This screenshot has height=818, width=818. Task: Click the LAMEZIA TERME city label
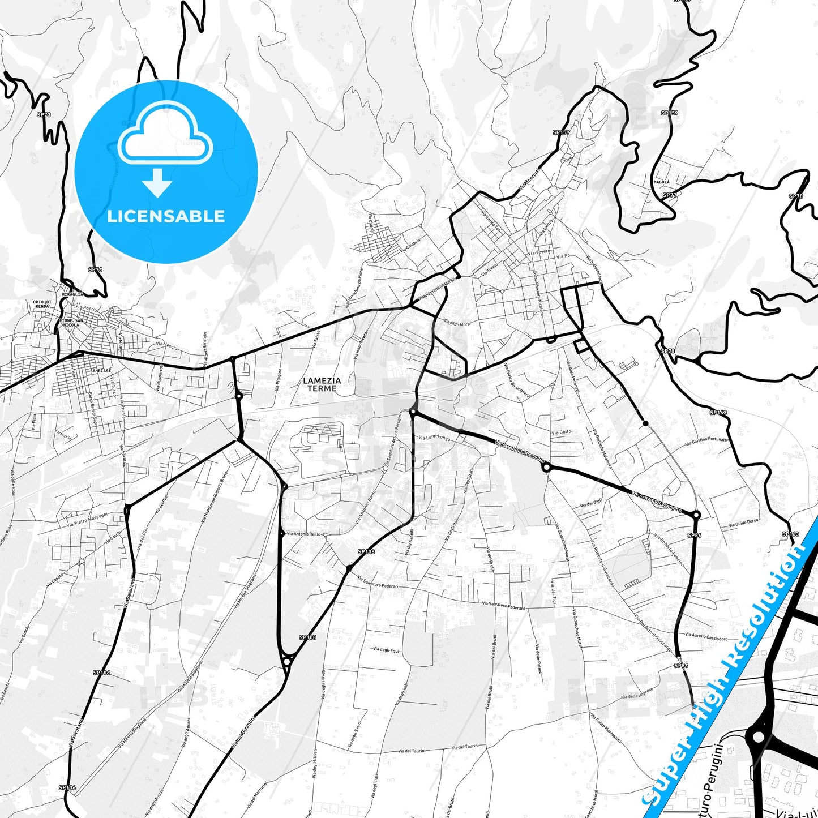(322, 384)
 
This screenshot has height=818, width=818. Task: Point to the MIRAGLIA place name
(72, 294)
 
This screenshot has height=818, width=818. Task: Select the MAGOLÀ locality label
(661, 182)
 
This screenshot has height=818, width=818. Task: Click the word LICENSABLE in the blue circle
(166, 216)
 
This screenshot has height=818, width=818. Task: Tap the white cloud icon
(165, 136)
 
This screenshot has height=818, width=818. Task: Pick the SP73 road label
(44, 115)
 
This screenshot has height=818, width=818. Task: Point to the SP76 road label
(95, 270)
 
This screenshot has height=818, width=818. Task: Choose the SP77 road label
(670, 195)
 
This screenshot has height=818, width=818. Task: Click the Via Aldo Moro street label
(457, 323)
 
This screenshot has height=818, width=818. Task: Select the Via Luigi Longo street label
(434, 438)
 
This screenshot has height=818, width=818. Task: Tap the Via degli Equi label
(386, 650)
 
